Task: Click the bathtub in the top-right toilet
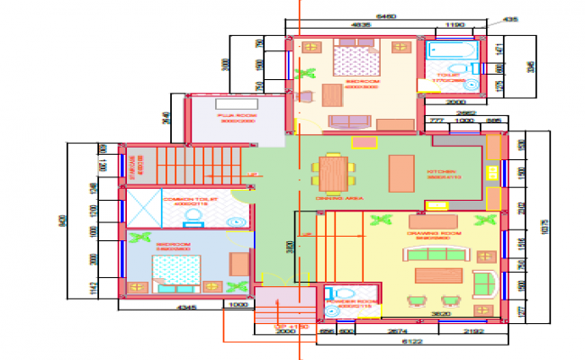click(446, 51)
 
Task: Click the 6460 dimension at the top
click(385, 17)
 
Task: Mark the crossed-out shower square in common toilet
click(143, 207)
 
